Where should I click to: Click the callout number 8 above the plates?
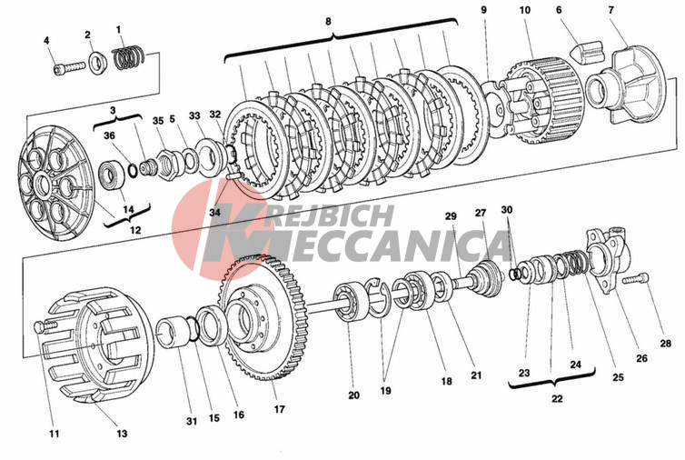tap(328, 21)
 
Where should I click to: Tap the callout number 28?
tap(665, 344)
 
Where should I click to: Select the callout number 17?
tap(280, 409)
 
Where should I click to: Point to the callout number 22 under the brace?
tap(557, 398)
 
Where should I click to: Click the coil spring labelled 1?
tap(128, 57)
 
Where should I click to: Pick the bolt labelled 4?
tap(69, 67)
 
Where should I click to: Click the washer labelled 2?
tap(98, 62)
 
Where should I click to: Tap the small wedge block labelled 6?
tap(587, 51)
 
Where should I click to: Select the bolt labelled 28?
tap(636, 278)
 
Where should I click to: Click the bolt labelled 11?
tap(45, 326)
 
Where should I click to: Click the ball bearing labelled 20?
tap(351, 303)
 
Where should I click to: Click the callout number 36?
tap(109, 135)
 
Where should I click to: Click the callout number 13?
tap(122, 434)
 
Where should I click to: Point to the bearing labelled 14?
tap(112, 175)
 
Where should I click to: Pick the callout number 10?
tap(525, 10)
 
